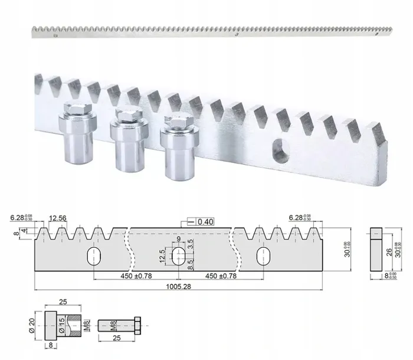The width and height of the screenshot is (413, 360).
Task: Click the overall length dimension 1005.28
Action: (179, 284)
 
